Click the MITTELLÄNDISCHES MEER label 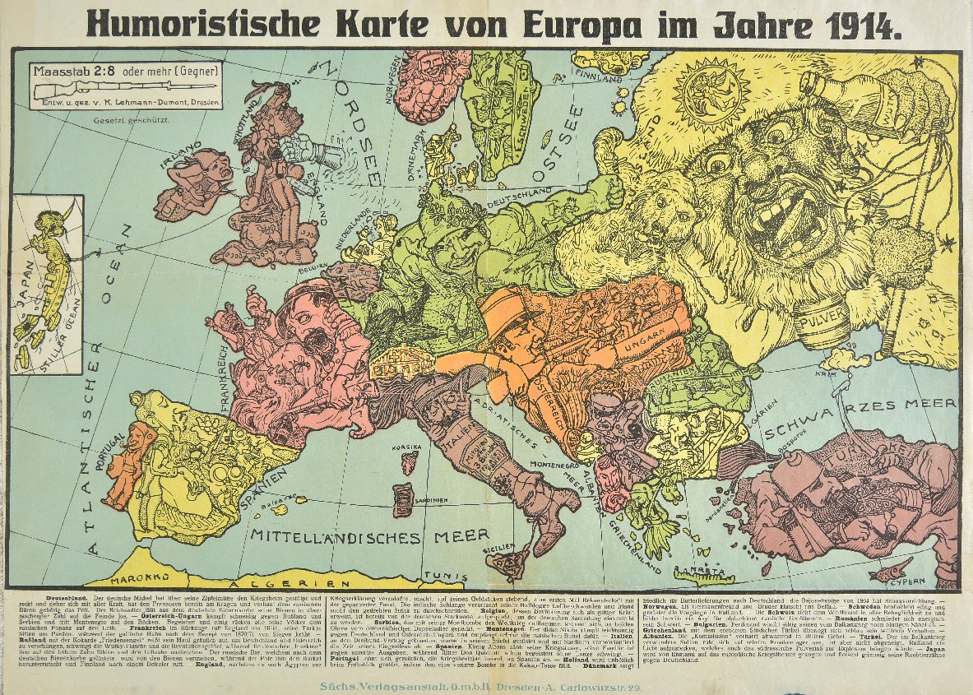click(370, 535)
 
